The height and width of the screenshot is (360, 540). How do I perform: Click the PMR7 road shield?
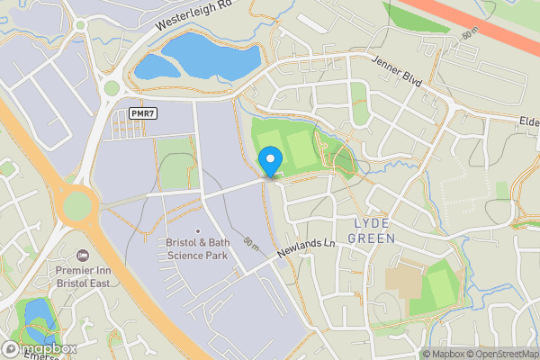tap(140, 112)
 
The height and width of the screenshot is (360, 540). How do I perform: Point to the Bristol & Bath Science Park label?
tap(197, 249)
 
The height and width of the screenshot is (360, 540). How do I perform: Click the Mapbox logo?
tap(38, 349)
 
